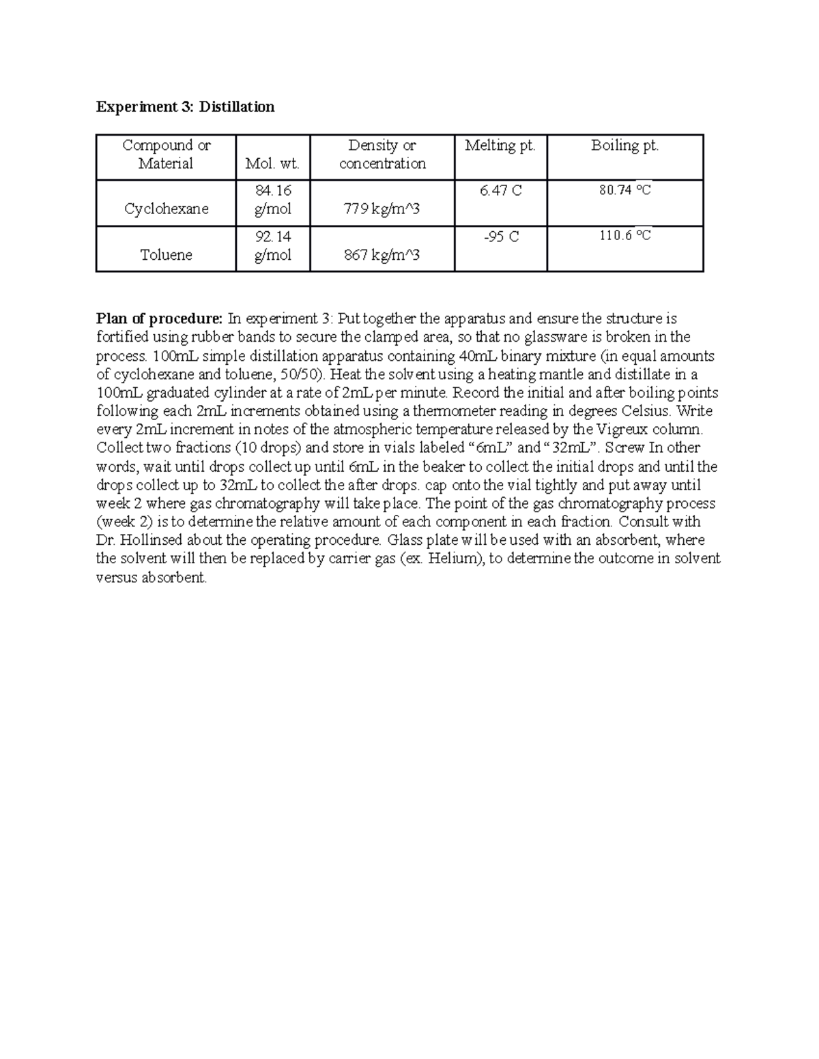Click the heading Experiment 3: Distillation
tap(185, 106)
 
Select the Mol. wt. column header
tap(273, 164)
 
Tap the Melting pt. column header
tap(500, 145)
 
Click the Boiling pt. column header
tap(624, 145)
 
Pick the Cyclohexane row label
tap(166, 209)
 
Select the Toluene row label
tap(166, 255)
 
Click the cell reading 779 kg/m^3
tap(382, 209)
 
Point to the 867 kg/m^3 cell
tap(382, 255)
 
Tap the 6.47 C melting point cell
tap(500, 191)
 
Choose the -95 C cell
tap(500, 237)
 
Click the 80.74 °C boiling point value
tap(624, 190)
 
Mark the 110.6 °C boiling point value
tap(624, 236)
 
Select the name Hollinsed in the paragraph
tap(151, 540)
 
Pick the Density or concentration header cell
tap(382, 154)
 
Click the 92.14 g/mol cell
tap(273, 245)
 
